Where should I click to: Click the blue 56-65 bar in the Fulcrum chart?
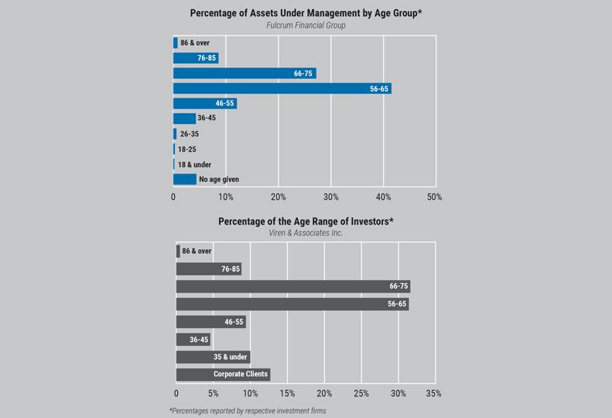coord(282,88)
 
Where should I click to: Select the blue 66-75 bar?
coord(244,74)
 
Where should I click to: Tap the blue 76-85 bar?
coord(196,58)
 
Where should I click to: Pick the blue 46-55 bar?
coord(204,104)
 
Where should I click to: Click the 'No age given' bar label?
coord(219,180)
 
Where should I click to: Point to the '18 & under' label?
coord(194,164)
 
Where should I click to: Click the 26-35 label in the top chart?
coord(189,134)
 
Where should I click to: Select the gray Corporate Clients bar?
coord(223,375)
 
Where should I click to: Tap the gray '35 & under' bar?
coord(213,357)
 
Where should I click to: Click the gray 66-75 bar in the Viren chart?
coord(292,286)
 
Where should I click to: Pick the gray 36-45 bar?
coord(193,340)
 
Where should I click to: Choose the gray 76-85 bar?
coord(209,269)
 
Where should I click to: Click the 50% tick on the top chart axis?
coord(435,197)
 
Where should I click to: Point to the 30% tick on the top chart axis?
coord(330,197)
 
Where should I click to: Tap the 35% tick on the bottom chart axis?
coord(434,394)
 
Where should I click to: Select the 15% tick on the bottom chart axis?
coord(286,394)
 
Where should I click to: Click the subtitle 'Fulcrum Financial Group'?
coord(306,26)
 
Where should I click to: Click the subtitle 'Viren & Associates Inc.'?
coord(306,233)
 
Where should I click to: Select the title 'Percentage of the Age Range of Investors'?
coord(306,221)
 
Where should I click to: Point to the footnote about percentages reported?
coord(248,410)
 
